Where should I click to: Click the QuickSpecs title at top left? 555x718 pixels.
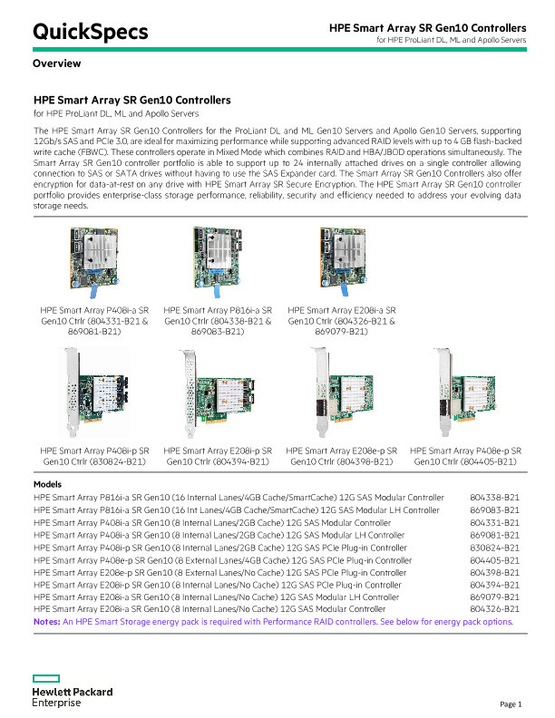click(x=90, y=32)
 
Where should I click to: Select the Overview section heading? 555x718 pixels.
click(x=57, y=63)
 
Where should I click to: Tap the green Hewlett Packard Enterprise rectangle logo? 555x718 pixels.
click(x=46, y=678)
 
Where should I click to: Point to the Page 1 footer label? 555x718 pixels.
click(x=511, y=703)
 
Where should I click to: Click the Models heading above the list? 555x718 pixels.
click(x=47, y=484)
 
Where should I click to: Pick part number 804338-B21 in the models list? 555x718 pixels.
click(x=494, y=498)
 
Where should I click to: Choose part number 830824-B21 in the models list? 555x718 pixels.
click(x=494, y=548)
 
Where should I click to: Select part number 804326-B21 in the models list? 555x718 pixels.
click(x=494, y=609)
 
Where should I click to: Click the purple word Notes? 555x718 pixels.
click(x=47, y=622)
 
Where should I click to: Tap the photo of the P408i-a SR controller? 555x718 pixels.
click(x=94, y=261)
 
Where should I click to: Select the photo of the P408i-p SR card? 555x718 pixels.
click(x=96, y=393)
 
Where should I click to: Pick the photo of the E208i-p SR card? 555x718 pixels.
click(x=218, y=393)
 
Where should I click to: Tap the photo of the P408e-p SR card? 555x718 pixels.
click(x=466, y=393)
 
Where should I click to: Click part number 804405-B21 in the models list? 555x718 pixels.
click(x=494, y=560)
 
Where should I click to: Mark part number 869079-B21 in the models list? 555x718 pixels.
click(x=494, y=597)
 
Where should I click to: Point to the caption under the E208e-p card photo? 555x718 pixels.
click(x=342, y=456)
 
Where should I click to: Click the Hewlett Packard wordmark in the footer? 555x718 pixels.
click(x=73, y=692)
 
